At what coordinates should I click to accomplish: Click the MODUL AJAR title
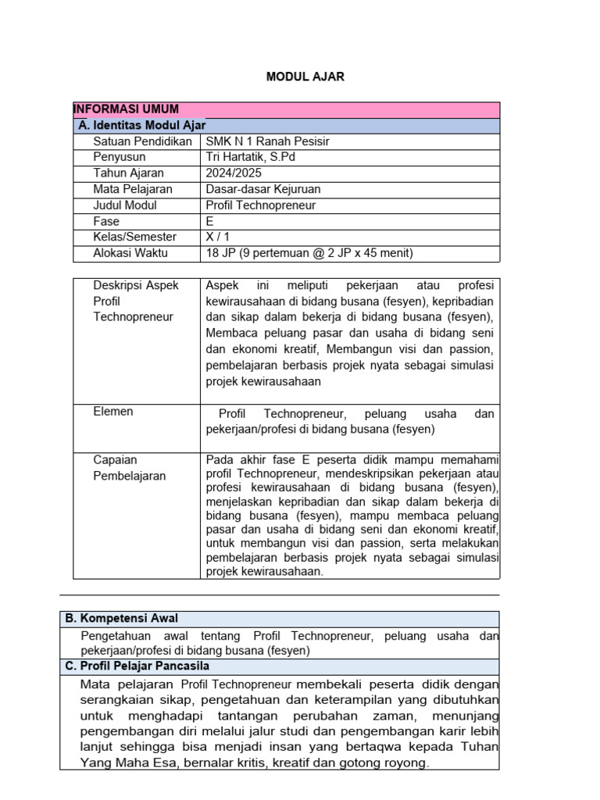pyautogui.click(x=305, y=77)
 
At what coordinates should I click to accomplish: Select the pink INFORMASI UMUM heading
pyautogui.click(x=126, y=109)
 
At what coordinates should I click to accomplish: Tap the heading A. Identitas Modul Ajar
pyautogui.click(x=142, y=125)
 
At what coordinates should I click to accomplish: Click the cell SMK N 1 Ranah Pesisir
pyautogui.click(x=267, y=141)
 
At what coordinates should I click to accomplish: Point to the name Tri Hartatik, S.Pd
pyautogui.click(x=251, y=157)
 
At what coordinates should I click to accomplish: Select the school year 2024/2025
pyautogui.click(x=233, y=173)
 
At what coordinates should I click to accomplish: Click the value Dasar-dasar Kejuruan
pyautogui.click(x=262, y=189)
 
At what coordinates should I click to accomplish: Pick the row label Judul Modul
pyautogui.click(x=125, y=205)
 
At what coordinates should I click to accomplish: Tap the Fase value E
pyautogui.click(x=210, y=221)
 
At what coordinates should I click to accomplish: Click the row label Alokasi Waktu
pyautogui.click(x=130, y=253)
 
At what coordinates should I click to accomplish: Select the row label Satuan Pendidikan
pyautogui.click(x=142, y=141)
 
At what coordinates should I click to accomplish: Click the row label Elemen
pyautogui.click(x=113, y=412)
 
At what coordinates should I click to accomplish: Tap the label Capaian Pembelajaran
pyautogui.click(x=129, y=468)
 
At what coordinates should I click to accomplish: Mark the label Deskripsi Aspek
pyautogui.click(x=136, y=285)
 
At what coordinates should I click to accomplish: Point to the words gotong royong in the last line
pyautogui.click(x=392, y=763)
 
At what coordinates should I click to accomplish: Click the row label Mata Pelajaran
pyautogui.click(x=134, y=189)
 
